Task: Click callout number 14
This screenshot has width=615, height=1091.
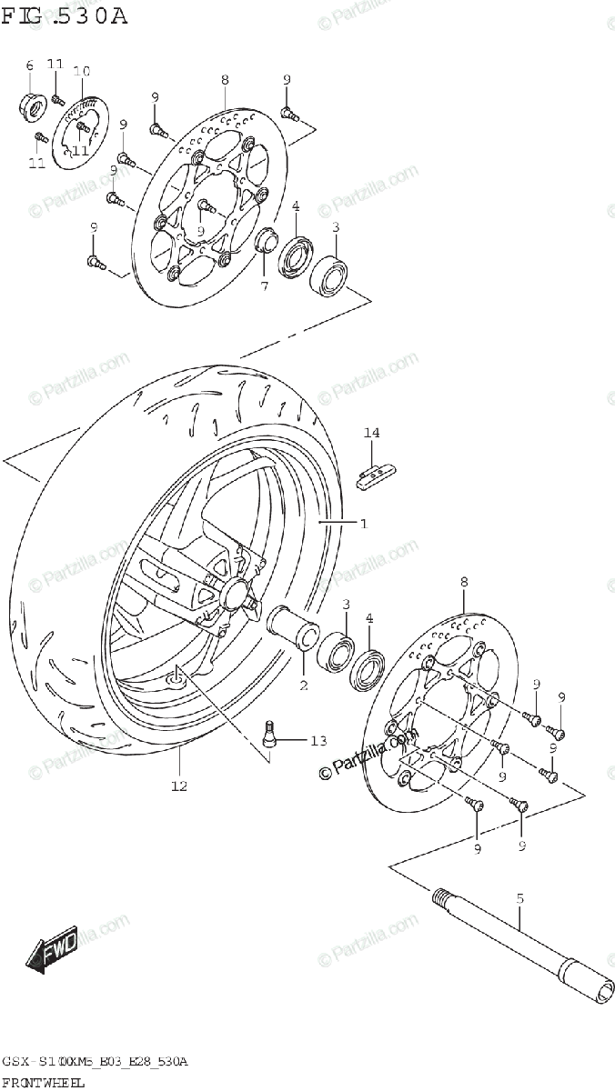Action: click(x=371, y=433)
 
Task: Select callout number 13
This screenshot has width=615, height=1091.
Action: click(x=317, y=741)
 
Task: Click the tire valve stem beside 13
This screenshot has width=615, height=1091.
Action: click(x=269, y=735)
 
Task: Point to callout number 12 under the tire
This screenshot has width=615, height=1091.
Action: click(x=178, y=786)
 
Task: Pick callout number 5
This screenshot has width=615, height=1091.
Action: click(x=520, y=898)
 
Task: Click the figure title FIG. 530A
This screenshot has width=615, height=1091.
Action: click(x=65, y=16)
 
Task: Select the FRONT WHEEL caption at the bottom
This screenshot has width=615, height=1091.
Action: click(x=43, y=1082)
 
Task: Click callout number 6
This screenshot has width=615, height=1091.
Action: click(x=29, y=65)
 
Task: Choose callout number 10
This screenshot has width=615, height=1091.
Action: click(x=81, y=71)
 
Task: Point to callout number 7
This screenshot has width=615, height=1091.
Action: click(x=264, y=286)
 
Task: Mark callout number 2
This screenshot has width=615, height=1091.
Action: click(x=304, y=684)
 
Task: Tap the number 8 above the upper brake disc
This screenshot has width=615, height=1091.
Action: click(x=225, y=80)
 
